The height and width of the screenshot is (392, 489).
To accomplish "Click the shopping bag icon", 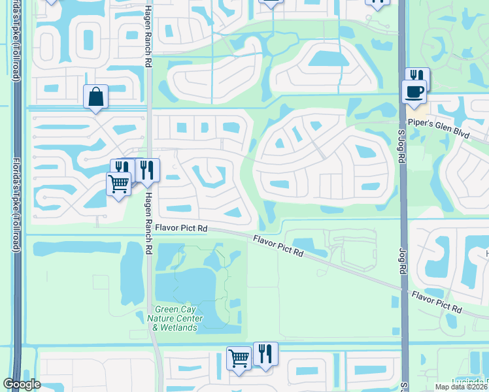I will point(95,97).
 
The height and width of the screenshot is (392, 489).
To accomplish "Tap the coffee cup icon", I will point(414,91).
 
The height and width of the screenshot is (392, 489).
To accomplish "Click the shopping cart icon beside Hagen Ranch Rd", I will point(118,184).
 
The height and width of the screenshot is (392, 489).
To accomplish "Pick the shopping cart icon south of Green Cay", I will point(239,358).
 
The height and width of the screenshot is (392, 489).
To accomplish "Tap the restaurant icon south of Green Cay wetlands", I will point(265,353).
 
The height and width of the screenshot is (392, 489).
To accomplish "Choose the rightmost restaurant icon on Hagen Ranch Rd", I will point(147,170).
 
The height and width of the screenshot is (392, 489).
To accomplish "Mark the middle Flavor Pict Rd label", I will point(279,246).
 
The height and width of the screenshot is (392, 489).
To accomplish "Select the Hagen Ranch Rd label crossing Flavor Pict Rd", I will point(149,222).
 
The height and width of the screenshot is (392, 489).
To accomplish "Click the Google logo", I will point(22,384).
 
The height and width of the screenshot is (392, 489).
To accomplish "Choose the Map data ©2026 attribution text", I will point(462,386).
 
